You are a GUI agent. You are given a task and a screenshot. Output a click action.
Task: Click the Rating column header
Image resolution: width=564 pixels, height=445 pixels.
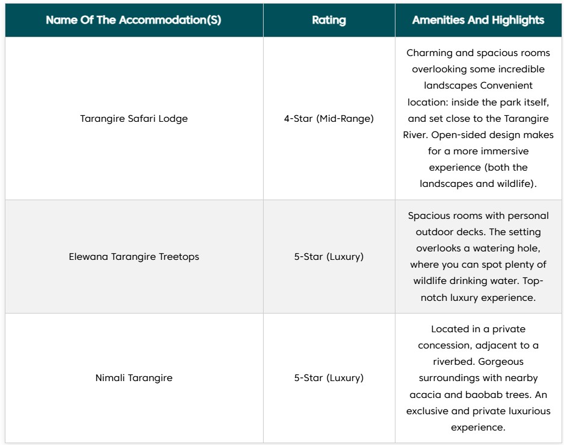pos(329,20)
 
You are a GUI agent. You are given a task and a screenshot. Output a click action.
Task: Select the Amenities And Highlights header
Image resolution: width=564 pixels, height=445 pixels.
pos(478,20)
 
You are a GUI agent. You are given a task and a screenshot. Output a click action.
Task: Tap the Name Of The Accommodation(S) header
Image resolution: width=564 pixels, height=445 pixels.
pos(133,20)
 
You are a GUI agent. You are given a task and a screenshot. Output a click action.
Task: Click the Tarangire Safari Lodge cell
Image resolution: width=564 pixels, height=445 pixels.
pos(134,118)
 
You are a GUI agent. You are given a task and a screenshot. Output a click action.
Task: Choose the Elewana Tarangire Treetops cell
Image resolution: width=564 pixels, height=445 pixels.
pos(134,256)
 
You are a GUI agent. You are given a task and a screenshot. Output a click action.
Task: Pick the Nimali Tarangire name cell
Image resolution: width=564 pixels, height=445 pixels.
pos(134,378)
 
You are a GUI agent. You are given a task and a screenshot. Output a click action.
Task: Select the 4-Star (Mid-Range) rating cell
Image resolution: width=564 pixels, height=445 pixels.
pos(329,118)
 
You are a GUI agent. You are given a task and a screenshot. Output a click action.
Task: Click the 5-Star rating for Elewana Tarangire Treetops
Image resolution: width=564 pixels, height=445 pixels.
pos(329,256)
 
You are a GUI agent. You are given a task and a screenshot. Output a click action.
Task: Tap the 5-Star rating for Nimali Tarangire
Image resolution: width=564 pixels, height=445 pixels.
pos(329,378)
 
